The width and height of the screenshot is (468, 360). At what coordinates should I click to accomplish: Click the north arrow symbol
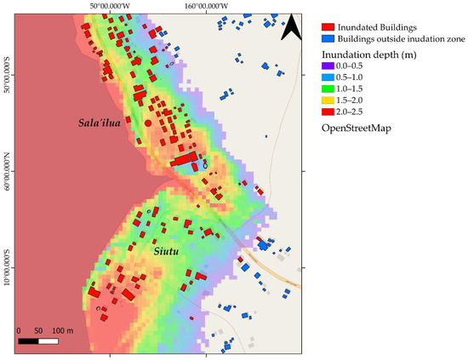pyautogui.click(x=290, y=27)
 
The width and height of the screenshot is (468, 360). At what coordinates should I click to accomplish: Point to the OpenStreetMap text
pyautogui.click(x=358, y=129)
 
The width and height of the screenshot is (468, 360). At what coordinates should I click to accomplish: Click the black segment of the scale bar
pyautogui.click(x=28, y=341)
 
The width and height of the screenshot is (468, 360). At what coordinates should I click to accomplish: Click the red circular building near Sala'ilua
pyautogui.click(x=148, y=123)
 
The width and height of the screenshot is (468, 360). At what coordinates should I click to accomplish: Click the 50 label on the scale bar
pyautogui.click(x=39, y=330)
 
